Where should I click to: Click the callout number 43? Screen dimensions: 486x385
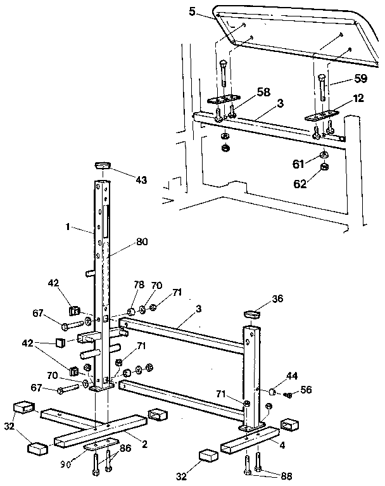coord(140,180)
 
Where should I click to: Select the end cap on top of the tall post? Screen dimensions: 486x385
coord(103,165)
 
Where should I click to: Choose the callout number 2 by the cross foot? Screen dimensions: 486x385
coord(144,444)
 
